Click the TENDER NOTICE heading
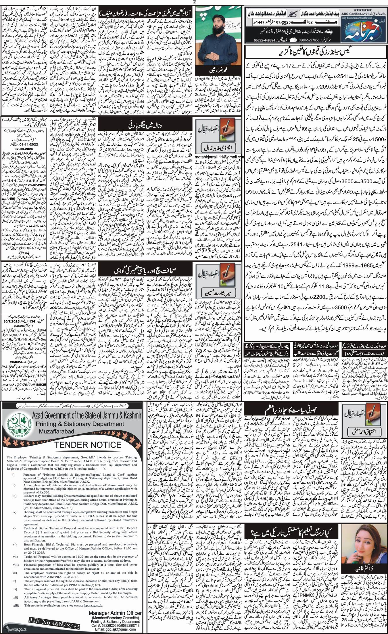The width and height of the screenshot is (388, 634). [88, 445]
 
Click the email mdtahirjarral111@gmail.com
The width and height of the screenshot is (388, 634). [219, 157]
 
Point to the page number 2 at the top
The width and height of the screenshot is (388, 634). [195, 2]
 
